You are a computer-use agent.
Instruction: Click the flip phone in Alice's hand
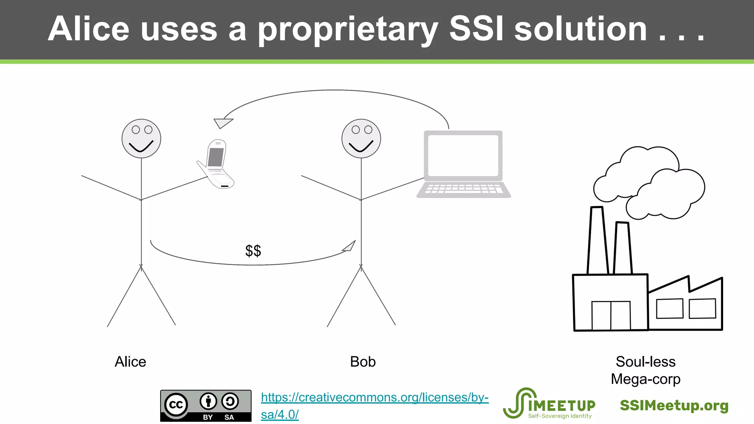[216, 164]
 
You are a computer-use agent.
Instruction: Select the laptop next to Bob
[464, 164]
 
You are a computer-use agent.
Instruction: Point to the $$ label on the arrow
[253, 251]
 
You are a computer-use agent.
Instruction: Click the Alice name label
[130, 362]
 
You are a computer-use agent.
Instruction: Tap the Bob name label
[363, 362]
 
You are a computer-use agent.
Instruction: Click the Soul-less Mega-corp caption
[645, 370]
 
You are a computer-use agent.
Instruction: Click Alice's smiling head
[141, 139]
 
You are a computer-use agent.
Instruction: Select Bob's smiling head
[361, 139]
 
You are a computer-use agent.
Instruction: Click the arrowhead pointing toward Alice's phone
[222, 123]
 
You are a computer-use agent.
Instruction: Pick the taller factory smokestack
[597, 241]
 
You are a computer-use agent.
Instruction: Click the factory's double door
[611, 315]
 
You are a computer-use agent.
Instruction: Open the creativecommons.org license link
[374, 398]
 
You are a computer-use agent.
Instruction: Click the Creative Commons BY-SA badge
[206, 406]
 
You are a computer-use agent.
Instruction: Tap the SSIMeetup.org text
[674, 406]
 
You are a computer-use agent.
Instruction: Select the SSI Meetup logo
[549, 404]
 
